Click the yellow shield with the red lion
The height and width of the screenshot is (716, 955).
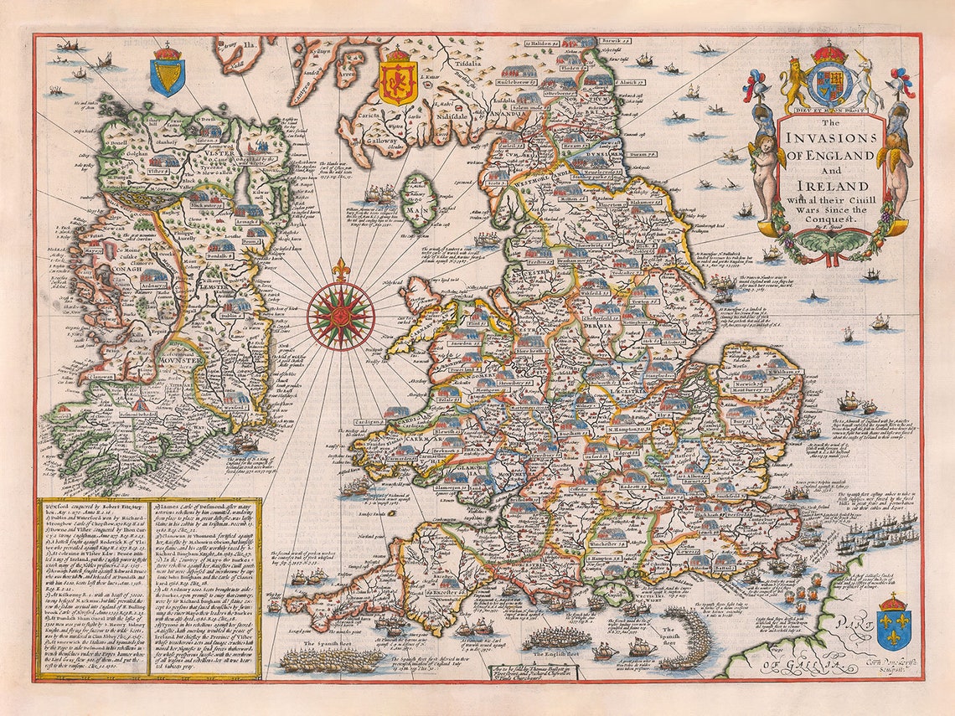[x=398, y=80]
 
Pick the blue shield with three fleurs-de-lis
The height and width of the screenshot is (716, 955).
[x=893, y=624]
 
